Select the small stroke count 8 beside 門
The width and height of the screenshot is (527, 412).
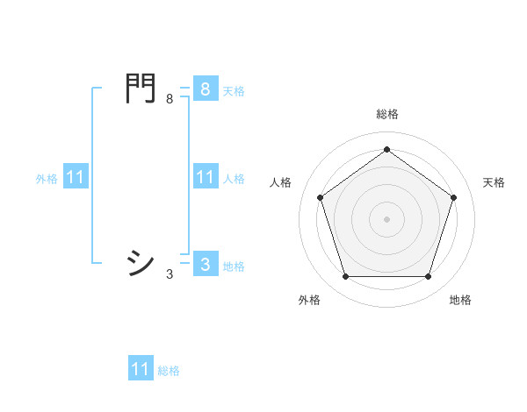[x=170, y=99]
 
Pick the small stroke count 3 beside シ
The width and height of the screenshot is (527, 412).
[x=170, y=274]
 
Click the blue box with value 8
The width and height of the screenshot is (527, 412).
[x=205, y=89]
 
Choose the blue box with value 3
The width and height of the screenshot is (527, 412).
[x=205, y=265]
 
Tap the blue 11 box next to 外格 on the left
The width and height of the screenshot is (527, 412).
[x=76, y=178]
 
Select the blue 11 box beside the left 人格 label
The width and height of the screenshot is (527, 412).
[x=205, y=178]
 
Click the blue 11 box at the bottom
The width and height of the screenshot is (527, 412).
[x=141, y=369]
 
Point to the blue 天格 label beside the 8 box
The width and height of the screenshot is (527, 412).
[x=234, y=90]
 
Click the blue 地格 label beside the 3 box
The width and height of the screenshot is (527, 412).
[x=234, y=266]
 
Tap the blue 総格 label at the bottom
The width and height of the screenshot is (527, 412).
[x=169, y=371]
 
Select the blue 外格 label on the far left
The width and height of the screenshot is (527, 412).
[x=47, y=179]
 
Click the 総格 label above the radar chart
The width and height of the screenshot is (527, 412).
[x=386, y=115]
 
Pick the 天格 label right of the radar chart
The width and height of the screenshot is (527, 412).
[x=494, y=182]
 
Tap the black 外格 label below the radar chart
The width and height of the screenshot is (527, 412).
[x=309, y=301]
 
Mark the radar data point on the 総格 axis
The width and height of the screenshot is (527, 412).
[x=386, y=150]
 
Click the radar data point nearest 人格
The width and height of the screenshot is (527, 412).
[x=321, y=198]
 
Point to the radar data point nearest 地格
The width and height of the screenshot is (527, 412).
[x=428, y=276]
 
